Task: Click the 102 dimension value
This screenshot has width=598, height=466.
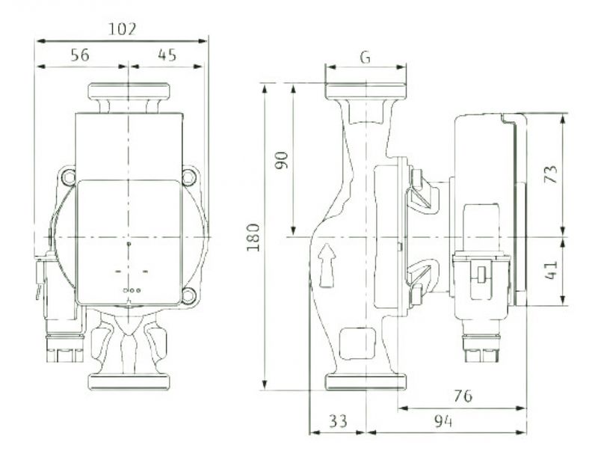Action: [x=122, y=29]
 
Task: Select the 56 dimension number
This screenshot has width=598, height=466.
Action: [x=80, y=55]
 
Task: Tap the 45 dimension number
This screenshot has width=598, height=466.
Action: [x=167, y=55]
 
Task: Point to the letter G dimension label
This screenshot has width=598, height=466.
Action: [x=365, y=58]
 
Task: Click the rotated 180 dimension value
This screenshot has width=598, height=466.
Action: [x=253, y=237]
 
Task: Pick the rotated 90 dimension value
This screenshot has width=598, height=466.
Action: [x=282, y=160]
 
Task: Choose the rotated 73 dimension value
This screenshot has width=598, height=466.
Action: [x=551, y=174]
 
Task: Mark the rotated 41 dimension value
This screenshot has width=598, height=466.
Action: [x=551, y=270]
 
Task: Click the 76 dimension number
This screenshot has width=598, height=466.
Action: [x=463, y=396]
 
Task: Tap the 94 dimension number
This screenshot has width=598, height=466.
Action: [x=443, y=421]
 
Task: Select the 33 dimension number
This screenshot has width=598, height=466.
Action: [x=339, y=421]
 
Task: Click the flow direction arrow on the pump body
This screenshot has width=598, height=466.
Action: [x=327, y=266]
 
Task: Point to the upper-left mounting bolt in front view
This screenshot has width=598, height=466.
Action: [x=69, y=177]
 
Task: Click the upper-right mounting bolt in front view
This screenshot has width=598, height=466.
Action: [x=189, y=177]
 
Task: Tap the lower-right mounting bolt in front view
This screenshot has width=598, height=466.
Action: [x=188, y=295]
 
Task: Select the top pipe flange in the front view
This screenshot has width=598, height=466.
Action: [x=129, y=91]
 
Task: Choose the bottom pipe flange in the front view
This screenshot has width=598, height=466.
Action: [x=129, y=382]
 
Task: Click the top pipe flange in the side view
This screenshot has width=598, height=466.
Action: [x=366, y=91]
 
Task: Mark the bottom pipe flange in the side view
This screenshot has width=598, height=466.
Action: [x=366, y=382]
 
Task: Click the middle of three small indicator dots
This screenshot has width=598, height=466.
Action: [x=132, y=290]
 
